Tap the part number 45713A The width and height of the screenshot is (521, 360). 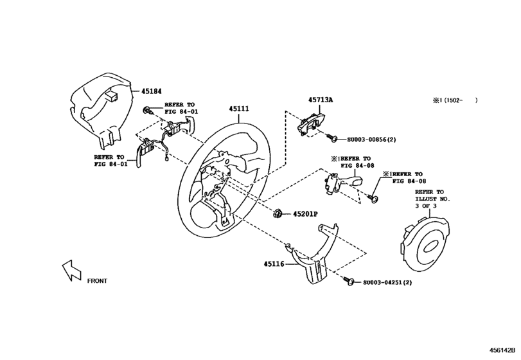coord(319,100)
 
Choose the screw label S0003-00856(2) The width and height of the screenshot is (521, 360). coord(371,139)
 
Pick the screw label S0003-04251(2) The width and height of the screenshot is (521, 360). coord(387,282)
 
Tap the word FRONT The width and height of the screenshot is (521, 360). coord(97,281)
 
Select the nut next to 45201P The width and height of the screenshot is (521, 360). coord(279,213)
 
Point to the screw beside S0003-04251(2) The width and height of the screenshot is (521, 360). coord(351,282)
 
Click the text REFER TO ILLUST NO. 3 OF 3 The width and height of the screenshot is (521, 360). coord(432,199)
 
